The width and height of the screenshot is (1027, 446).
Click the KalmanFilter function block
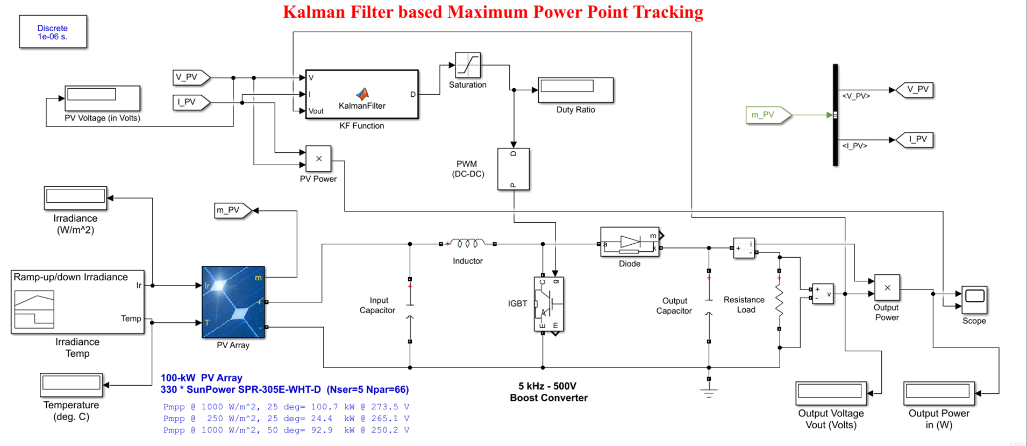point(361,94)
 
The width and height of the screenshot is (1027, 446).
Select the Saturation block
point(467,65)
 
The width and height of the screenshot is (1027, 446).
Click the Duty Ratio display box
point(575,90)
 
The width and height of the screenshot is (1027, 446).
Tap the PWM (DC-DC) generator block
point(513,169)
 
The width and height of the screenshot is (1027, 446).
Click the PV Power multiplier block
point(318,159)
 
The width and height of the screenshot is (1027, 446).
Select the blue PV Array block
point(233,302)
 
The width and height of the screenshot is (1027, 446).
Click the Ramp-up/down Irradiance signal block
point(77,302)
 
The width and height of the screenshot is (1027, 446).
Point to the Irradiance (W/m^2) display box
point(75,197)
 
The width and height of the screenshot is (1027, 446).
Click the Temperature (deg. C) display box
point(71,385)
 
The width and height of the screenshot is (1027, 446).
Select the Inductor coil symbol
point(467,244)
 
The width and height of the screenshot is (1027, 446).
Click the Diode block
point(630,242)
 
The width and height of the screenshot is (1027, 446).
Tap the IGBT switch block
point(548,305)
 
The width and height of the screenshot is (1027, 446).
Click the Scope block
point(974,300)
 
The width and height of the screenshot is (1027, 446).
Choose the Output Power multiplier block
point(887,288)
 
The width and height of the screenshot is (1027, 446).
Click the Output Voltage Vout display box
point(831,393)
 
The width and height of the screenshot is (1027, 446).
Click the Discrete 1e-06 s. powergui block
point(53,32)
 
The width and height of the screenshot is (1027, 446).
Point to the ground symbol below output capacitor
point(709,393)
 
